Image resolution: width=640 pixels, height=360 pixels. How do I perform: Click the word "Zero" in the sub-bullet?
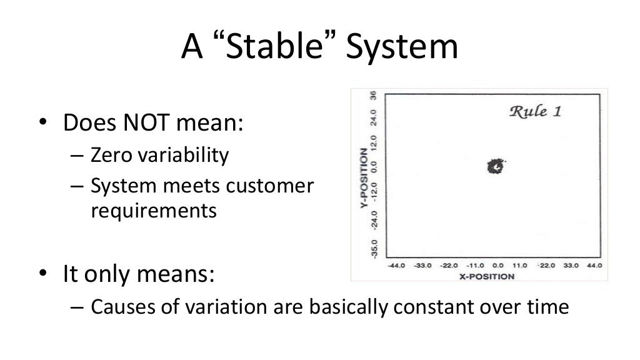[110, 154]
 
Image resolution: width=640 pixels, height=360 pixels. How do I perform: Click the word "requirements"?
[154, 211]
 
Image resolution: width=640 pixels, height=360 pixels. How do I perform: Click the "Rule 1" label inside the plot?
[536, 112]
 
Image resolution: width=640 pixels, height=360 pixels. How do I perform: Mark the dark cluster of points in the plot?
[494, 166]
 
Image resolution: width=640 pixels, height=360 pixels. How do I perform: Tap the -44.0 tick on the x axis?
[397, 266]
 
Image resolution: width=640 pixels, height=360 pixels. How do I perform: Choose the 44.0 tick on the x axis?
[594, 266]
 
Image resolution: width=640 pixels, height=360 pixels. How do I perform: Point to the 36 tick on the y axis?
[373, 96]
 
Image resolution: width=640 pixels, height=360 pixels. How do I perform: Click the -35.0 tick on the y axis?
[373, 247]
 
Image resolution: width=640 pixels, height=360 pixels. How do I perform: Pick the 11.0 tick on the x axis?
[520, 266]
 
